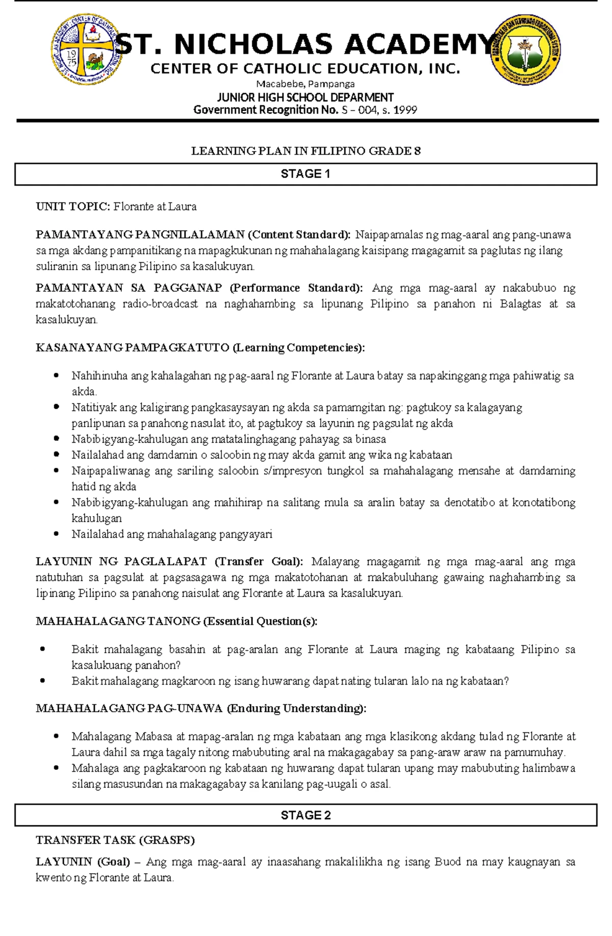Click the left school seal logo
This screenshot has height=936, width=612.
pyautogui.click(x=87, y=49)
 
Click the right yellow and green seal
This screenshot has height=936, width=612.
pyautogui.click(x=525, y=49)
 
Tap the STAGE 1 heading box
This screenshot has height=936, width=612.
pyautogui.click(x=305, y=174)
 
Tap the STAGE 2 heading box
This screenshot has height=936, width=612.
pyautogui.click(x=305, y=815)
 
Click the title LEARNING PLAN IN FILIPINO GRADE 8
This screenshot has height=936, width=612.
pyautogui.click(x=305, y=151)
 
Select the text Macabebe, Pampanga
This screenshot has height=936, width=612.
pyautogui.click(x=305, y=84)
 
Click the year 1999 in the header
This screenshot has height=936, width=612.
pyautogui.click(x=405, y=110)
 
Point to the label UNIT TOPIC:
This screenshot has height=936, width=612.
pyautogui.click(x=72, y=207)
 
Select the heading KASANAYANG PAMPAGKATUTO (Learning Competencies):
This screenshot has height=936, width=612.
pyautogui.click(x=200, y=348)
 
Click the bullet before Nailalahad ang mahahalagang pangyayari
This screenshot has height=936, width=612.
pyautogui.click(x=57, y=534)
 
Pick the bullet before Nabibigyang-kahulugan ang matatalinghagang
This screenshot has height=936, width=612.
pyautogui.click(x=57, y=439)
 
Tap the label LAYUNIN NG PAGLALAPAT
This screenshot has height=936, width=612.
pyautogui.click(x=121, y=562)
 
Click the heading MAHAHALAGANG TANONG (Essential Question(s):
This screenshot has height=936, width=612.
pyautogui.click(x=176, y=621)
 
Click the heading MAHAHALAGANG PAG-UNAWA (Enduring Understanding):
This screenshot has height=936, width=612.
pyautogui.click(x=201, y=709)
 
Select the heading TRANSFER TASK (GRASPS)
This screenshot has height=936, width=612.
pyautogui.click(x=115, y=840)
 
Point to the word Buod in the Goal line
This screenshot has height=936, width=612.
pyautogui.click(x=447, y=862)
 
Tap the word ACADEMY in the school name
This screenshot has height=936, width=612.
pyautogui.click(x=419, y=44)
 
